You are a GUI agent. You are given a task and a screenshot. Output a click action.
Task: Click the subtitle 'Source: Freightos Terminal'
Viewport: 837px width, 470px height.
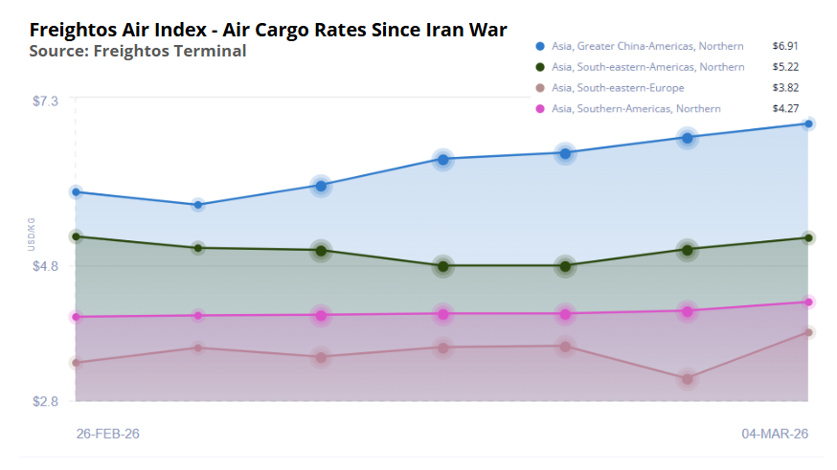(137, 51)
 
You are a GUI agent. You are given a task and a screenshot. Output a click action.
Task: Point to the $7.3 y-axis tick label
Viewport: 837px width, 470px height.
(44, 101)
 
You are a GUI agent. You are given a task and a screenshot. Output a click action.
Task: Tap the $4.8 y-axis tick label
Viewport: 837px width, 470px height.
(44, 266)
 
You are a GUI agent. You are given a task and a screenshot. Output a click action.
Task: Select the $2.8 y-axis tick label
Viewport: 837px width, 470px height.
(44, 401)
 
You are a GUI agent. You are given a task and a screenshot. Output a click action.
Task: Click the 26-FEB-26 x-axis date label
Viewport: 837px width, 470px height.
(107, 434)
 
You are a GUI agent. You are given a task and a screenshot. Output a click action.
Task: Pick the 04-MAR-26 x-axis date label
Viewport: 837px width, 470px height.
(775, 434)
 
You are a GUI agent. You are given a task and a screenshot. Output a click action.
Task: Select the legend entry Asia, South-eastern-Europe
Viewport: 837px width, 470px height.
(618, 88)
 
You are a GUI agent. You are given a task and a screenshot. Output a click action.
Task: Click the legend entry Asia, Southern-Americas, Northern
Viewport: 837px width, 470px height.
(636, 109)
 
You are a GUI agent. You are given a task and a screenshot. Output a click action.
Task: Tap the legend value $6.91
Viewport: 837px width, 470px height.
(785, 46)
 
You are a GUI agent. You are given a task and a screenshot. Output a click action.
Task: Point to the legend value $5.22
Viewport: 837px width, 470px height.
(785, 67)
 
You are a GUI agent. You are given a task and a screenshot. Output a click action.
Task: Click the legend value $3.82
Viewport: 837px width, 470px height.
(785, 88)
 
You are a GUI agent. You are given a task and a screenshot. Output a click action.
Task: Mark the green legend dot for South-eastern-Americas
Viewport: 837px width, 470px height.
(540, 67)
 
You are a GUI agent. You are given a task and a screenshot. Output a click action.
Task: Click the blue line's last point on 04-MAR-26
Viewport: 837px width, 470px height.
(809, 123)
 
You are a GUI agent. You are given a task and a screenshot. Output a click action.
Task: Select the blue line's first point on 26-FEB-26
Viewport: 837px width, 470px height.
(76, 192)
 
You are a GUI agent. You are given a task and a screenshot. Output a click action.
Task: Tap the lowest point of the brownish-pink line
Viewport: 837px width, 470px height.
(687, 379)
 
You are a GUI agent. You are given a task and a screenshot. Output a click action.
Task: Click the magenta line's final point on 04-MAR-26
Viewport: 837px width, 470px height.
(809, 302)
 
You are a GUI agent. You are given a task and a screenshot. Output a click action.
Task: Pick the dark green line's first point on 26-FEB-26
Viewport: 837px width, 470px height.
(76, 236)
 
